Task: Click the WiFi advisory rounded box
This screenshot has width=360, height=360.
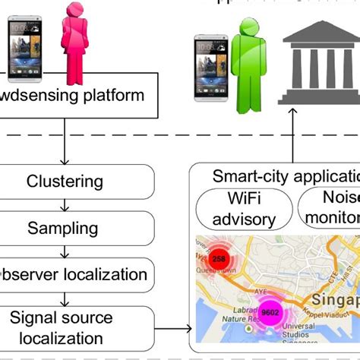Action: [x=244, y=208]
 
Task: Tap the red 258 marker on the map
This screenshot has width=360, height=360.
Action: [x=219, y=259]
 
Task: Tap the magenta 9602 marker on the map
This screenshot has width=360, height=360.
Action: [x=269, y=311]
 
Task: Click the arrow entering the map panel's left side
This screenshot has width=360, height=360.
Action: [x=173, y=329]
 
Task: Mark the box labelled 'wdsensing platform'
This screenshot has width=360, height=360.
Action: [x=72, y=96]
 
